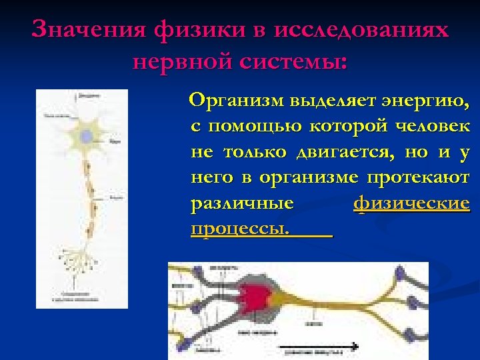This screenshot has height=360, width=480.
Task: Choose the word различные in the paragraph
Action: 243,203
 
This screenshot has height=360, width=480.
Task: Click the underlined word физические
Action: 411,203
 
